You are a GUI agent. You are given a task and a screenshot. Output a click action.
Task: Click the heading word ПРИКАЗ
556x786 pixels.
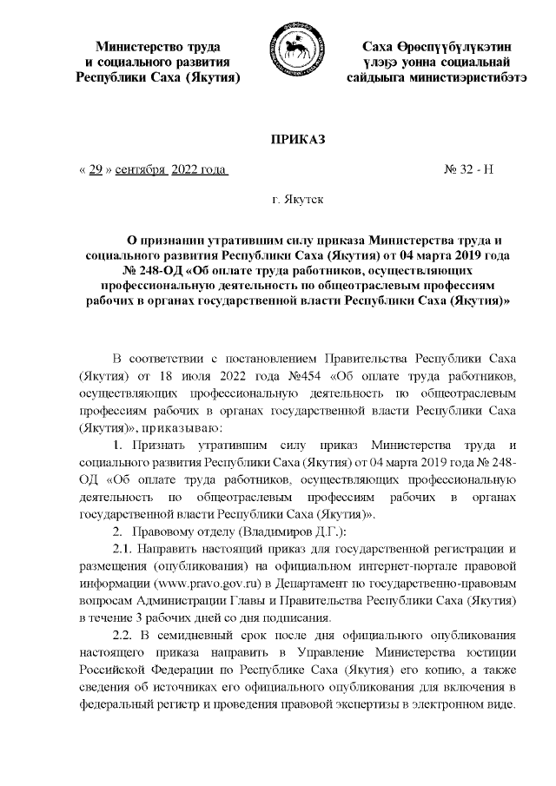(x=297, y=139)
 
